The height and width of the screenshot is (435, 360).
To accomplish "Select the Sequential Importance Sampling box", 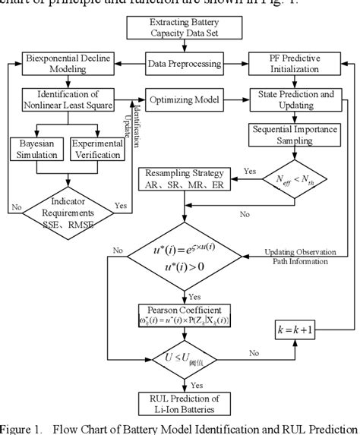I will point(292,135).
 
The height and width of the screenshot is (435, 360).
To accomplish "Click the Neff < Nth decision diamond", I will point(292,179).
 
